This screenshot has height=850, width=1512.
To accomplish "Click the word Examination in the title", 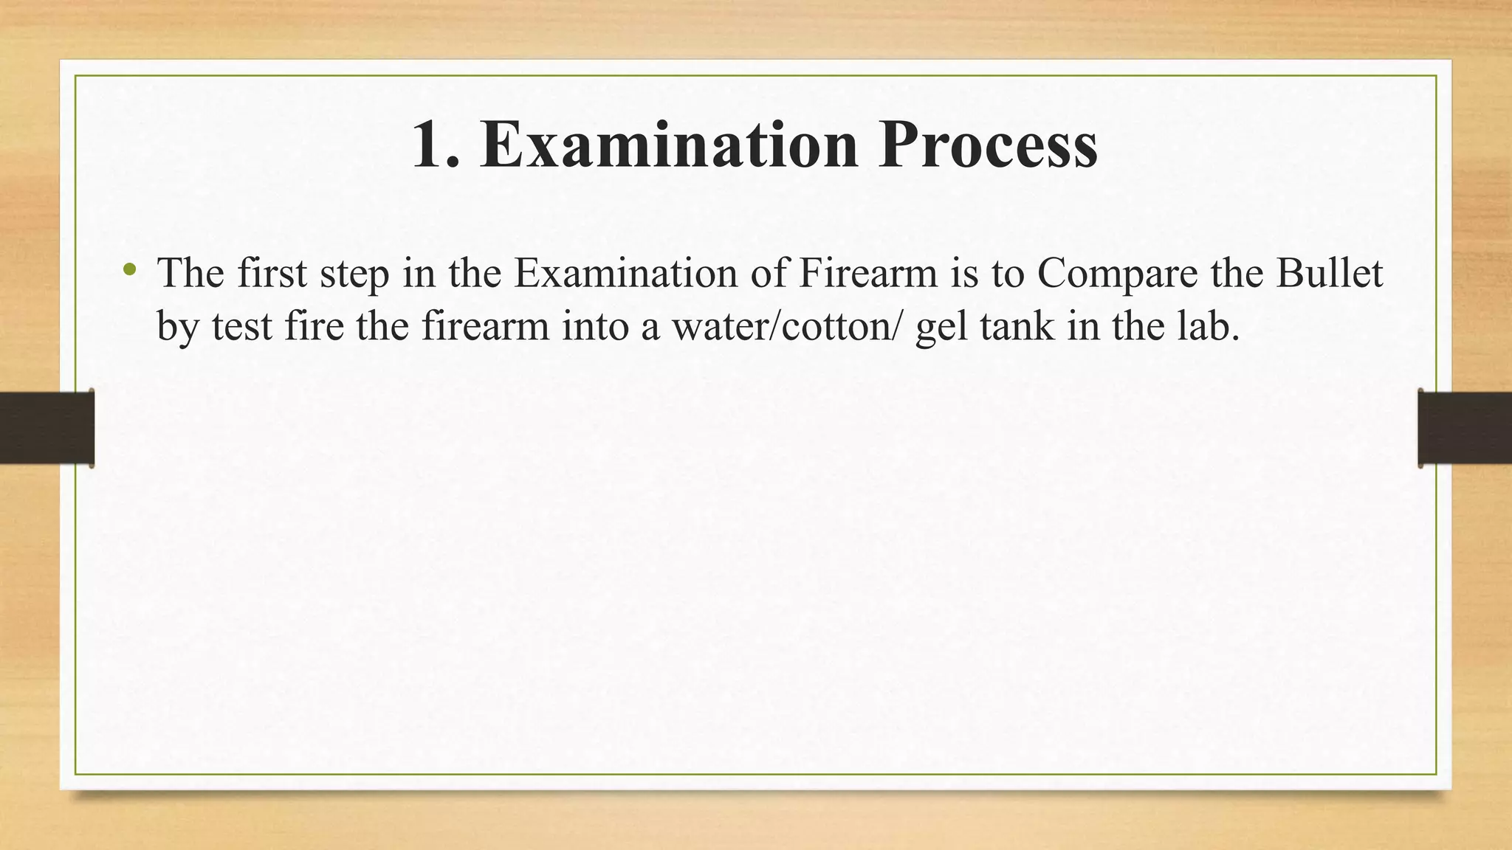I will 668,145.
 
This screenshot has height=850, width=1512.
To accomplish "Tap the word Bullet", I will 1329,273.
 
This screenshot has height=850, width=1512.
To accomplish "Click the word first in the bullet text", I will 272,273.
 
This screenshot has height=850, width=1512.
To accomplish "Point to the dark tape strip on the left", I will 47,428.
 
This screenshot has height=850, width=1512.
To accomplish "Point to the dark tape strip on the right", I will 1465,428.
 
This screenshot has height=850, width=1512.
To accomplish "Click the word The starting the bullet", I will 190,273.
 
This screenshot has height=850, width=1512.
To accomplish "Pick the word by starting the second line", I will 178,328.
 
